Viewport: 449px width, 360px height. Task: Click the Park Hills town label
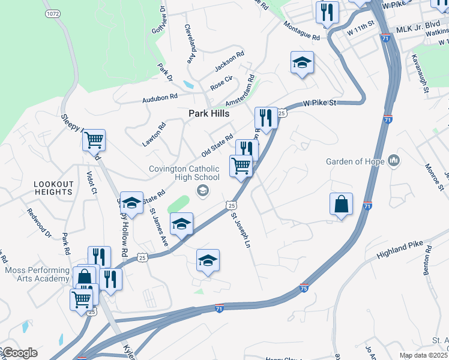pyautogui.click(x=209, y=113)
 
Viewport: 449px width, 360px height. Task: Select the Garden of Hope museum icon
pyautogui.click(x=394, y=160)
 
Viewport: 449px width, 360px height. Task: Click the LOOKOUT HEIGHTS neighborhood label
pyautogui.click(x=53, y=188)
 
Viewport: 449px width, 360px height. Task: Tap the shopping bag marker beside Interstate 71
pyautogui.click(x=341, y=204)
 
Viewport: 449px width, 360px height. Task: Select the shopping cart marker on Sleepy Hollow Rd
pyautogui.click(x=94, y=140)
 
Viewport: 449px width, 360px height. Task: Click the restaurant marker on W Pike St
pyautogui.click(x=266, y=117)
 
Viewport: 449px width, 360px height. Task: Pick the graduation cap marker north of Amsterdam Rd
pyautogui.click(x=302, y=62)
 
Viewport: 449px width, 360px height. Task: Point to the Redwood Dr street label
pyautogui.click(x=37, y=223)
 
